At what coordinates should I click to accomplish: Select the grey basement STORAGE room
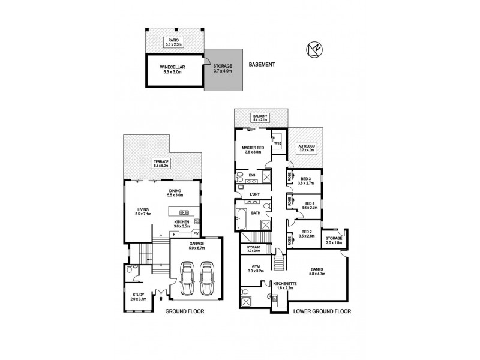(224, 70)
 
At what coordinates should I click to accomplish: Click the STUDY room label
(139, 295)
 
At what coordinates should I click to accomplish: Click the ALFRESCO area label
(307, 147)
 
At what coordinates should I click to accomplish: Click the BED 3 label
(306, 179)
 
